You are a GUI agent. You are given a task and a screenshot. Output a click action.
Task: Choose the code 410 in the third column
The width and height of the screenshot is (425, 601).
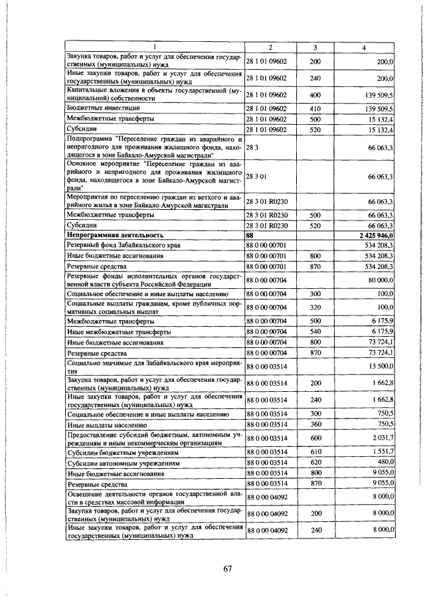point(315,108)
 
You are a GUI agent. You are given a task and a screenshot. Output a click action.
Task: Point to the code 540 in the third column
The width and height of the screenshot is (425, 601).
point(315,331)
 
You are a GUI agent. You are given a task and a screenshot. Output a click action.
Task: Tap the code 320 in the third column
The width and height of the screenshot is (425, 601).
point(315,307)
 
